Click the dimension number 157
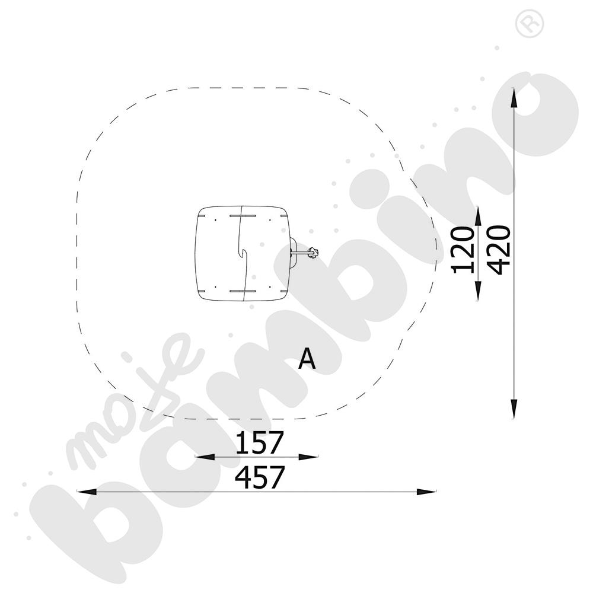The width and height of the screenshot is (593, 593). click(x=259, y=442)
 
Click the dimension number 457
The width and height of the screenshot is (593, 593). click(x=259, y=477)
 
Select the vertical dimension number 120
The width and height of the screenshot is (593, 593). click(x=463, y=250)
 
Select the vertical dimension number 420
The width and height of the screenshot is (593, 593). click(x=499, y=250)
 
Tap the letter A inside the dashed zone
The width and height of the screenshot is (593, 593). click(x=307, y=359)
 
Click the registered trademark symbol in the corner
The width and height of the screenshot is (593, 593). click(x=530, y=24)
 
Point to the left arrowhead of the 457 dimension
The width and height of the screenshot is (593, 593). click(x=86, y=492)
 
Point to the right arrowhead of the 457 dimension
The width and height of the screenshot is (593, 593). click(x=426, y=492)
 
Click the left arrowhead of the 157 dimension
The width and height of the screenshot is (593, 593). click(x=205, y=457)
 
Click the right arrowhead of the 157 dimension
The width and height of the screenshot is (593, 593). click(x=308, y=457)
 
